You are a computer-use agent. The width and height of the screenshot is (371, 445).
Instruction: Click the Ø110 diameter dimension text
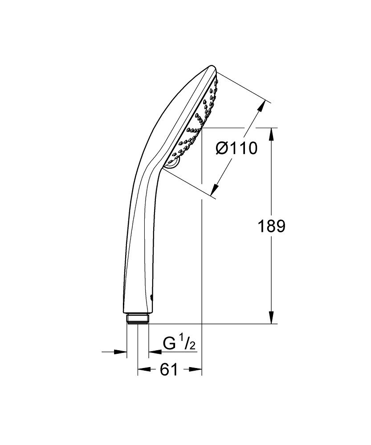tap(236, 148)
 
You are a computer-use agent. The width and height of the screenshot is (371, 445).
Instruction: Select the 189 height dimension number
tap(271, 227)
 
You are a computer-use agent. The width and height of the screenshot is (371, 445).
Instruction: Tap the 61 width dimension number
tap(169, 369)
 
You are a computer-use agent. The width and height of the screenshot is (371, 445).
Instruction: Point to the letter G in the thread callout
tap(169, 344)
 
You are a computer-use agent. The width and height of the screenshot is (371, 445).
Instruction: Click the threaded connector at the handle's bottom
tap(137, 320)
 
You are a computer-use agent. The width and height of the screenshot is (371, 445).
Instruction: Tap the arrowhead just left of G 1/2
tap(154, 352)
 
